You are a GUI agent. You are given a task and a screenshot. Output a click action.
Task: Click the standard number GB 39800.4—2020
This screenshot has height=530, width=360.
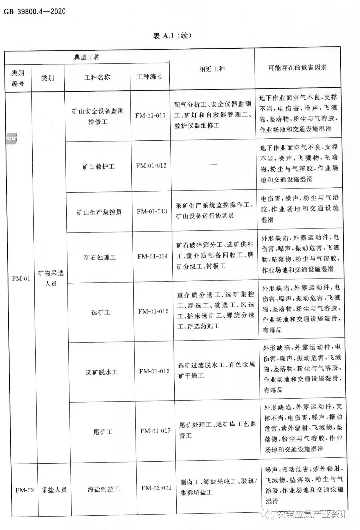(35, 12)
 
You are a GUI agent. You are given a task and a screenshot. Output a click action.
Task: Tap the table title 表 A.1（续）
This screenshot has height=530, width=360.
(172, 36)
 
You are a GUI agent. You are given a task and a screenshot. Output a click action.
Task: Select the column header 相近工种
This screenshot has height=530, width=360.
(212, 69)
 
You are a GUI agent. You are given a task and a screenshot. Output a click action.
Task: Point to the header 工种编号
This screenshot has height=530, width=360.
(150, 77)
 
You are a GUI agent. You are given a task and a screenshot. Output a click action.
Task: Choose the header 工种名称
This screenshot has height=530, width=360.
(97, 77)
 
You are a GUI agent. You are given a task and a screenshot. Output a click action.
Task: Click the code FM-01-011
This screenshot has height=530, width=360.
(150, 115)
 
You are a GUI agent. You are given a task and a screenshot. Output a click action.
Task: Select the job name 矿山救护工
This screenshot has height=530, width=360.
(99, 166)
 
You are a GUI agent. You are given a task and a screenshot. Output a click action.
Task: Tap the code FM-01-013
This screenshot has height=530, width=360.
(152, 211)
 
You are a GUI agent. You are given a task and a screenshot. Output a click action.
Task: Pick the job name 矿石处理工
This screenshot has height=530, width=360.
(100, 257)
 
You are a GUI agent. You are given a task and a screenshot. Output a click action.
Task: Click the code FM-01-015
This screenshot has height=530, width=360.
(153, 311)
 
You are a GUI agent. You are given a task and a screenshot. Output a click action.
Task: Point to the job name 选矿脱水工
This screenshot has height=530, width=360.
(102, 372)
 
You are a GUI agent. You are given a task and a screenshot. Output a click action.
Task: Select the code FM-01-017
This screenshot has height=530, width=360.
(155, 431)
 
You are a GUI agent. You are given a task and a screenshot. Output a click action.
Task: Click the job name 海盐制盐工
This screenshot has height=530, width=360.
(104, 489)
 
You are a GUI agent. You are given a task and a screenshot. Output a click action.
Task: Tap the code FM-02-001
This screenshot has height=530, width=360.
(156, 488)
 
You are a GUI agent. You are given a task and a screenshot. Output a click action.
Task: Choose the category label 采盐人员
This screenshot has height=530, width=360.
(54, 490)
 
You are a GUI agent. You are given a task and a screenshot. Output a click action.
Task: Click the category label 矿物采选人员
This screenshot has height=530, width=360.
(50, 278)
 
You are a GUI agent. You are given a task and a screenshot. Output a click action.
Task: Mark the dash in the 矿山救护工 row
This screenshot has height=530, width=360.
(213, 164)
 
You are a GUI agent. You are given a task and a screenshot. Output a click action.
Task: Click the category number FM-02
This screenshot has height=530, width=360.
(25, 490)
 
